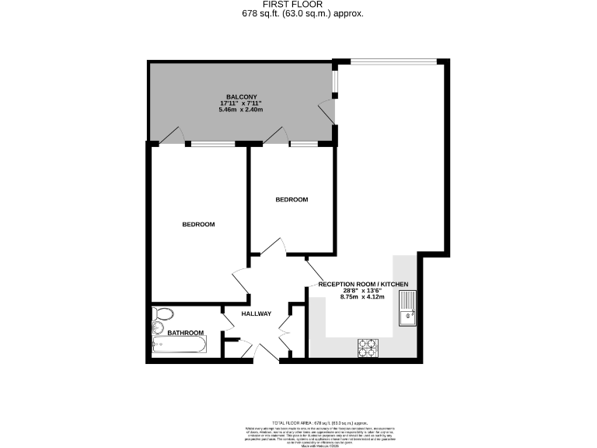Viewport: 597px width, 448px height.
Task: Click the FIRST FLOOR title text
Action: click(298, 5)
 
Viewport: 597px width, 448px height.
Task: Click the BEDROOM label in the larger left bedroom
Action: click(198, 225)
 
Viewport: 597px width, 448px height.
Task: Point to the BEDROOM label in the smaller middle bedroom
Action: click(292, 200)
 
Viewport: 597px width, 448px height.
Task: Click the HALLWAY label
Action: click(256, 314)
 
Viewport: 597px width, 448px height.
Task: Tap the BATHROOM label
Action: click(186, 333)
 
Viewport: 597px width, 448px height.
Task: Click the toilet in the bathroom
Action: click(163, 315)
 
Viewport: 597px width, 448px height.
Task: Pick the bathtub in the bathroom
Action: click(179, 345)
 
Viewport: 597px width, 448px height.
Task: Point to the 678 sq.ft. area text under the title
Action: click(298, 14)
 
